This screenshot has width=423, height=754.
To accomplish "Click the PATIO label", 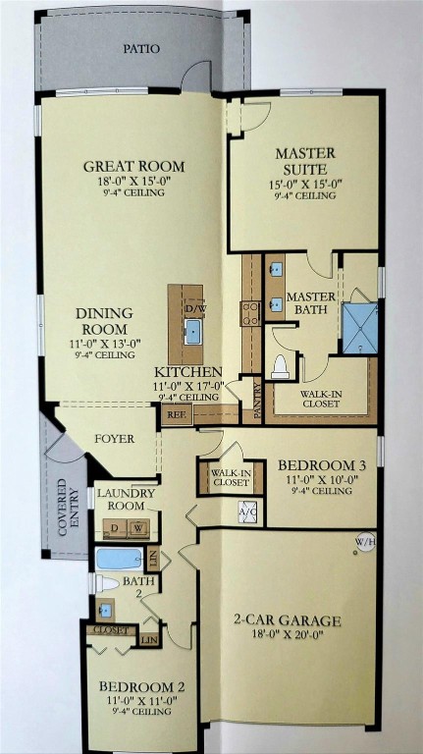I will (x=142, y=48).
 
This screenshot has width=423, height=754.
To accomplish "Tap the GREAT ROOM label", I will (x=133, y=166).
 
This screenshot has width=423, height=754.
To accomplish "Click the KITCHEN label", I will (x=187, y=372).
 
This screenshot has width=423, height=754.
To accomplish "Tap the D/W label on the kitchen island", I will (x=193, y=308).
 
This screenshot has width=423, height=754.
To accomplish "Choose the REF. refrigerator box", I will (x=177, y=414).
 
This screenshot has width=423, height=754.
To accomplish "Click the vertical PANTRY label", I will (x=258, y=402).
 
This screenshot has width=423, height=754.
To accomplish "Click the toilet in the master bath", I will (x=280, y=365).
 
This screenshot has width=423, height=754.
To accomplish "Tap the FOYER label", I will (x=114, y=438).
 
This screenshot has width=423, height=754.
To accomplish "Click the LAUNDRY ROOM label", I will (x=126, y=499).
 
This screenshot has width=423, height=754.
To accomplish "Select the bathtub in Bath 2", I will (x=120, y=559).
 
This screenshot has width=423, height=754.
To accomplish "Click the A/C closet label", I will (x=248, y=512).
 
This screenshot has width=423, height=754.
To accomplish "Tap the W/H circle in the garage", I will (x=364, y=542).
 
